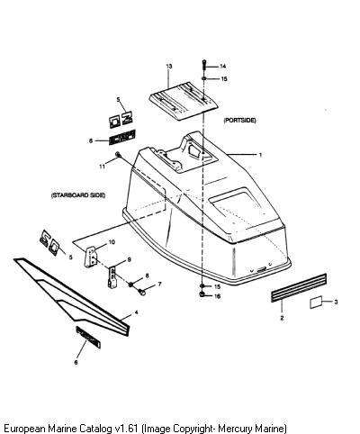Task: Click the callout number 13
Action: pos(169,66)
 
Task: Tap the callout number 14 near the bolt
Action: pos(222,67)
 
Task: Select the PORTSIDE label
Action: pos(239,120)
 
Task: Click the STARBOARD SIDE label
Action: pos(78,195)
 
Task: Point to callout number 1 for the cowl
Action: pos(260,155)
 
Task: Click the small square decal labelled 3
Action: pos(316,302)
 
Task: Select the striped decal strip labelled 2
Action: pos(299,287)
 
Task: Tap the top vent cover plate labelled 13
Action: pos(184,101)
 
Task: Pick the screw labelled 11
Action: pos(118,155)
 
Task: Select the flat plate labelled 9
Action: pos(112,277)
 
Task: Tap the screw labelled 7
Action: pos(141,291)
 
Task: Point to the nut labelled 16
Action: pos(202,294)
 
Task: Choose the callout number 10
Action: pos(112,242)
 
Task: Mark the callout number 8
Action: pos(147,276)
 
